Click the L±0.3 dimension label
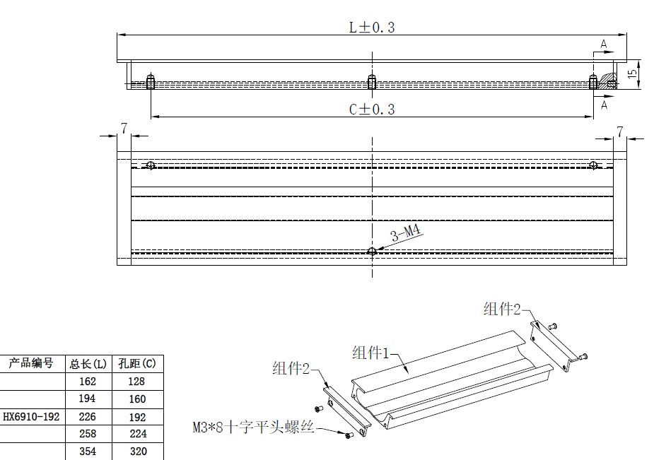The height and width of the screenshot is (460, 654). click(x=372, y=28)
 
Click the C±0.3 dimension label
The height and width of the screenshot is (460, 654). click(x=372, y=110)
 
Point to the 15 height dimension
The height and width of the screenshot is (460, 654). click(x=632, y=73)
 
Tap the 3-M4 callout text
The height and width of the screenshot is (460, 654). click(x=406, y=233)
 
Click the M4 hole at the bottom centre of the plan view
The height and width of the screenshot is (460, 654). click(x=372, y=252)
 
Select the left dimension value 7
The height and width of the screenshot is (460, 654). click(x=124, y=129)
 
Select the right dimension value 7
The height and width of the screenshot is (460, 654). click(x=620, y=132)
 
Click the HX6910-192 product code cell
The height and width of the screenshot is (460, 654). click(x=31, y=417)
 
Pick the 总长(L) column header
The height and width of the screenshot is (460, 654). click(x=88, y=364)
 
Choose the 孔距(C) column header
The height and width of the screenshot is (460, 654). click(x=137, y=364)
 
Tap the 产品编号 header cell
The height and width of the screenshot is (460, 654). click(x=31, y=363)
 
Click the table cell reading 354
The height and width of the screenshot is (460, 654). click(x=88, y=452)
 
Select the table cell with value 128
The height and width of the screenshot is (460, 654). click(x=136, y=382)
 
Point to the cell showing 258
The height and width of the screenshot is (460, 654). click(x=88, y=434)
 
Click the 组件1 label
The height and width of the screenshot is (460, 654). click(x=370, y=353)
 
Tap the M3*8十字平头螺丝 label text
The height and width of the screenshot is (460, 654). click(x=253, y=427)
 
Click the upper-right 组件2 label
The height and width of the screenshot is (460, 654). click(x=502, y=309)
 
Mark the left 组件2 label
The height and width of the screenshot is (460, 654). click(x=291, y=368)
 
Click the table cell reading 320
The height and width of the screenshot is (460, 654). click(x=138, y=452)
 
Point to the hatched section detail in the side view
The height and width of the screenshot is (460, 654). click(x=609, y=81)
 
